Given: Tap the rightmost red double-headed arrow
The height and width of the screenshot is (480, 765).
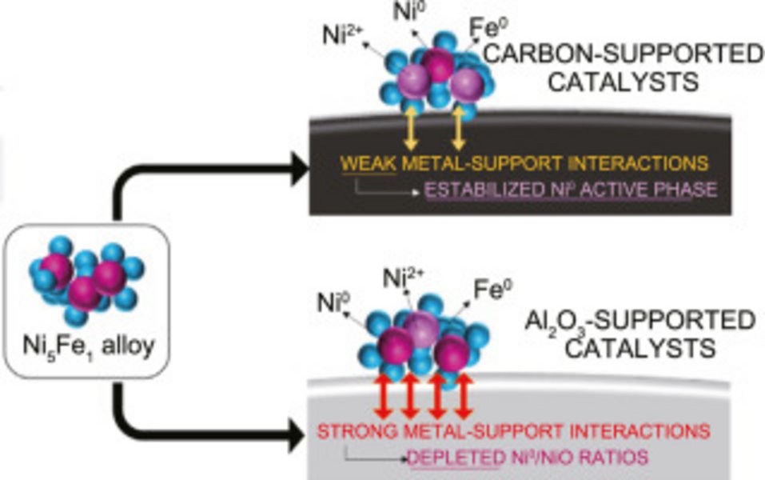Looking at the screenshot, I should click(463, 396).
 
